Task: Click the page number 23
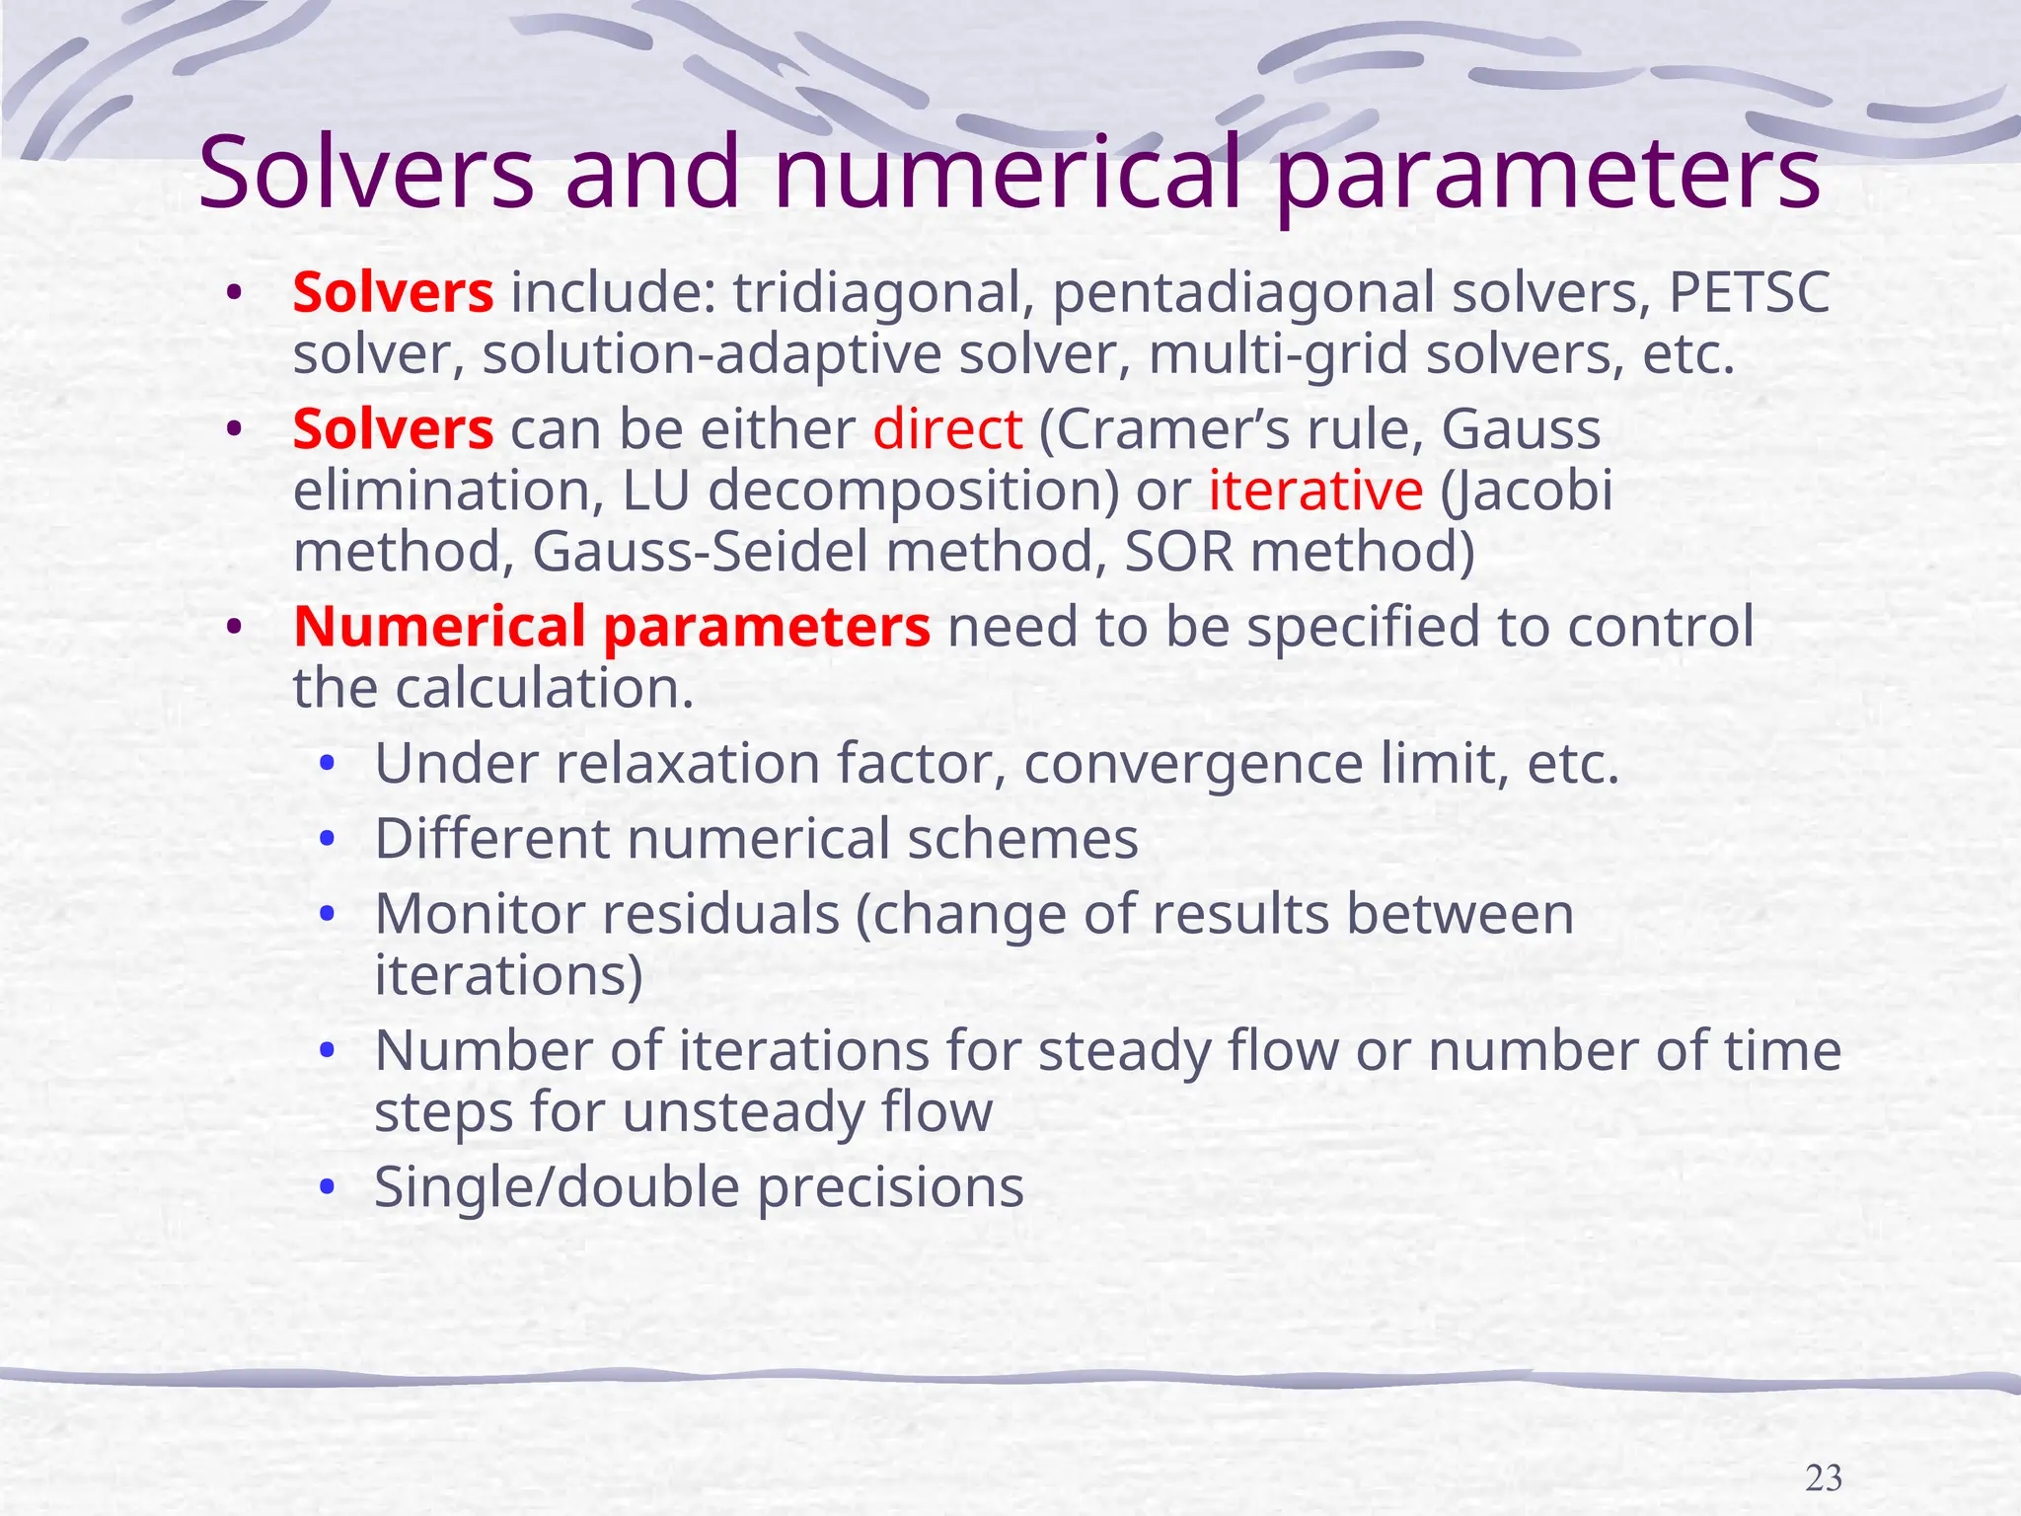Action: tap(1824, 1478)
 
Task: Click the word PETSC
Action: tap(1749, 293)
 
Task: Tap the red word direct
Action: tap(947, 429)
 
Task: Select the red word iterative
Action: tap(1315, 491)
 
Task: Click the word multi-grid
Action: tap(1279, 355)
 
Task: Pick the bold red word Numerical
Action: tap(440, 627)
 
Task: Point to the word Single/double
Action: tap(557, 1187)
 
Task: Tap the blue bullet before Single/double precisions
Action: tap(328, 1187)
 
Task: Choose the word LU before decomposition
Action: tap(654, 491)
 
